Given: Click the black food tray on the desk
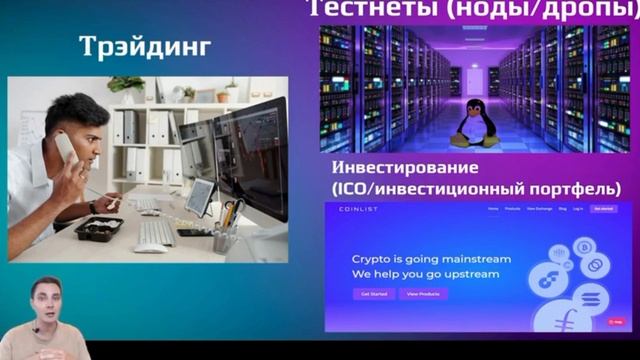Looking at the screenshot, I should point(98,227).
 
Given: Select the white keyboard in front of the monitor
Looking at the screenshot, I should point(155,232).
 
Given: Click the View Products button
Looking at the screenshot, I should point(423,293).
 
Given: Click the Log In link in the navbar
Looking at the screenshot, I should point(578,209).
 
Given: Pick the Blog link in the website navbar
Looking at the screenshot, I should point(563,209).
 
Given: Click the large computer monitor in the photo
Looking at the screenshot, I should point(251,160).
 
